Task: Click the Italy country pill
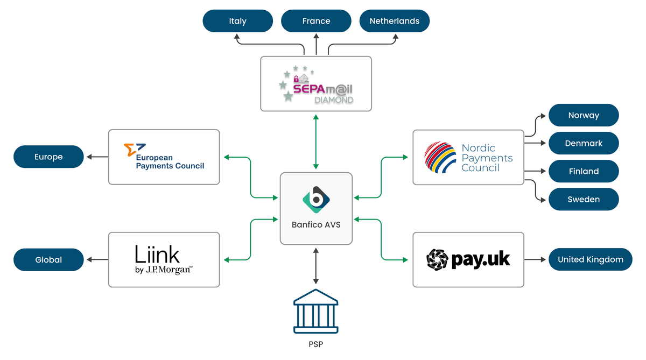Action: [x=237, y=21]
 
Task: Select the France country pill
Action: [x=316, y=21]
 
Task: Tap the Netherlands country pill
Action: [x=394, y=21]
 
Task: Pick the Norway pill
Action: [x=584, y=115]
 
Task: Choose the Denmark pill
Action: [x=584, y=143]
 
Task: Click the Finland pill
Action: [x=584, y=171]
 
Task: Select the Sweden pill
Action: [x=584, y=199]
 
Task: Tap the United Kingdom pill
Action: [x=591, y=259]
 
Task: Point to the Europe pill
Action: [x=48, y=157]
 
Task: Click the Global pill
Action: [x=48, y=259]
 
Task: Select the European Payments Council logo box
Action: [x=164, y=157]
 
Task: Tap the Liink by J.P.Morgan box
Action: [x=164, y=259]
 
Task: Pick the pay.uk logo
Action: [x=468, y=259]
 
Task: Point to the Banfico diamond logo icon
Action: [x=316, y=200]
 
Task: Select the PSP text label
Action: [x=316, y=344]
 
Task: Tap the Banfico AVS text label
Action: [x=316, y=224]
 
